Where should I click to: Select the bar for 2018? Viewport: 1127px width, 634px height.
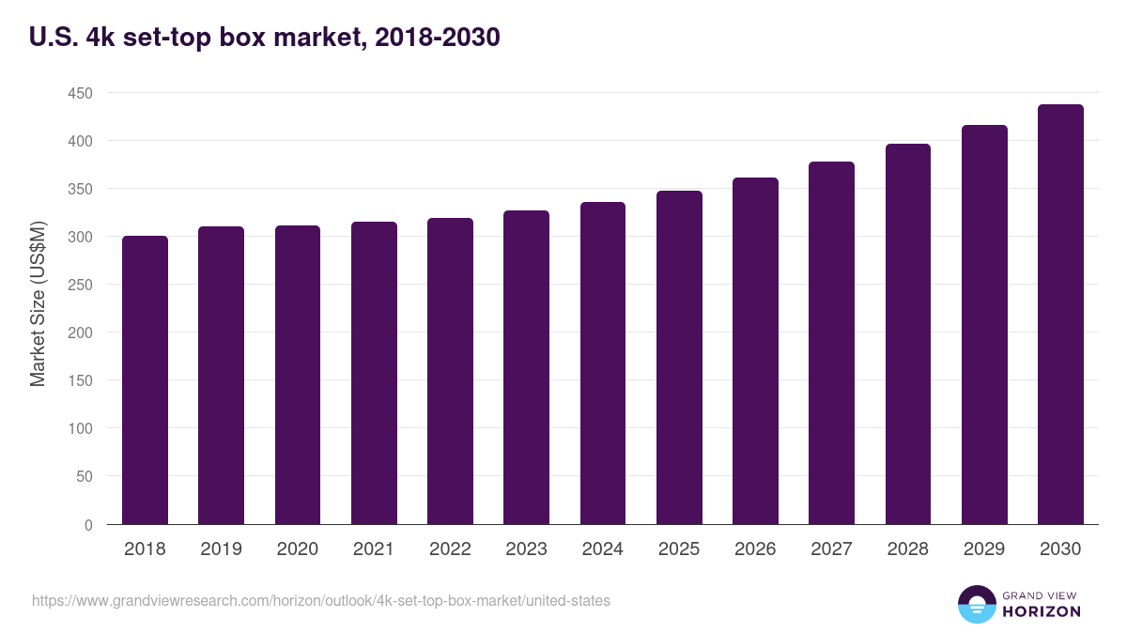145,380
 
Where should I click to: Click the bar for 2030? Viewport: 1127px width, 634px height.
1060,315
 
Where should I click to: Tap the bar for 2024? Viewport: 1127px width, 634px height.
603,363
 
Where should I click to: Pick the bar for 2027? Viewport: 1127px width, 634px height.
831,343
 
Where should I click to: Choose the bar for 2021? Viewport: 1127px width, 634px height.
374,373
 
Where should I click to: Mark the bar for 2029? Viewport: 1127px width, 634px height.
984,325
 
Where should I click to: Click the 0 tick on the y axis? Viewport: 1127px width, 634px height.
88,525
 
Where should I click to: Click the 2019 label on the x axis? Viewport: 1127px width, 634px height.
221,549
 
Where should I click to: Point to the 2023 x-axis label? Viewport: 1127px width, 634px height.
526,549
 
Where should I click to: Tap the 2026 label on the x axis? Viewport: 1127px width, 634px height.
755,549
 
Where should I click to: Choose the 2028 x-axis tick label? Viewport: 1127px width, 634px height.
907,549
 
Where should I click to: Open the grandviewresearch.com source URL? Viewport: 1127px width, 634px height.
320,600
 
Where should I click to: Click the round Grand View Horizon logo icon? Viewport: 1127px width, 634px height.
976,604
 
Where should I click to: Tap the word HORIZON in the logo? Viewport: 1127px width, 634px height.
1041,611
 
